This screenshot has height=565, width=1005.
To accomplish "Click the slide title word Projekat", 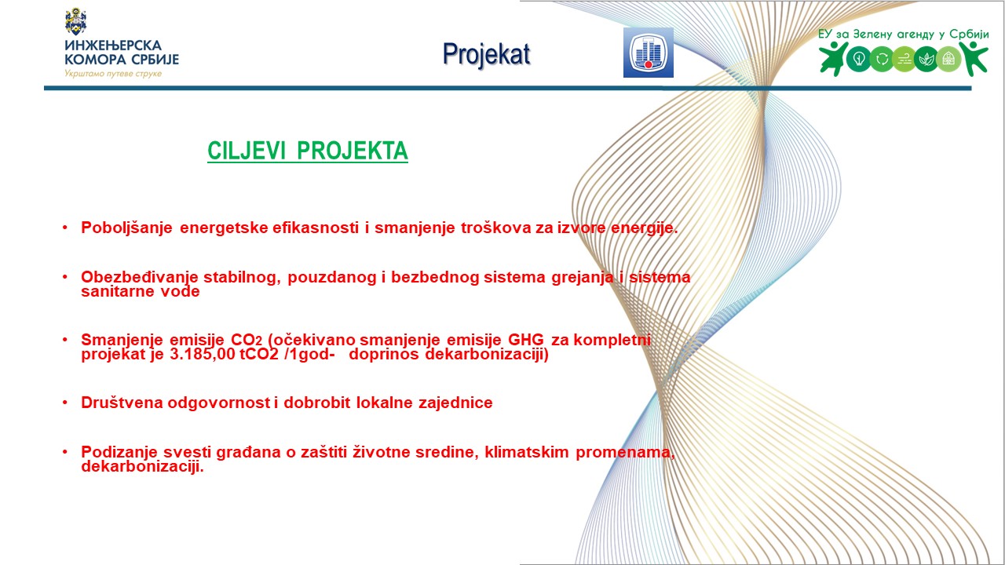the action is (x=486, y=55).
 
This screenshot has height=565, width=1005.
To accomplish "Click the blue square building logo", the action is (x=649, y=53).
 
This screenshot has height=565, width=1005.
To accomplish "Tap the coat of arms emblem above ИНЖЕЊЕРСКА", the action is (x=76, y=21).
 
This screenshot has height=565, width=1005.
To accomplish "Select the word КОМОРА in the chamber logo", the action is (x=95, y=59).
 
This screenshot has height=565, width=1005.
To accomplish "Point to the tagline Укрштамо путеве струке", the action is (x=113, y=74).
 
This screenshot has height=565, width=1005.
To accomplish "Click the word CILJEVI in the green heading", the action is (x=247, y=151).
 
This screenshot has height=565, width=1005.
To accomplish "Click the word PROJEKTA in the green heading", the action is (x=353, y=151).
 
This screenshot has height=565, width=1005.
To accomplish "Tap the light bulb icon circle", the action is (x=859, y=59).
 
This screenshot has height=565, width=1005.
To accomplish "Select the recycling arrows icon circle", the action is (x=882, y=59).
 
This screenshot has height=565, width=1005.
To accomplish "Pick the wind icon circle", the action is (x=904, y=59).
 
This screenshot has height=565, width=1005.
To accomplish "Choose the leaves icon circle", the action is (x=926, y=59).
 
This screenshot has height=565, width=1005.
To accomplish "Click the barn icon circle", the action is (x=948, y=59).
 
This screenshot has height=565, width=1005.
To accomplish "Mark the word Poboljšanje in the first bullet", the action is (x=126, y=228).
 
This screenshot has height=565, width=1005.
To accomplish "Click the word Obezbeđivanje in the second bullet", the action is (x=140, y=277).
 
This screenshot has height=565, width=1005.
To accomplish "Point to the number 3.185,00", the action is (x=203, y=354).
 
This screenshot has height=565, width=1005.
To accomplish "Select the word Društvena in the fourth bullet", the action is (x=121, y=403).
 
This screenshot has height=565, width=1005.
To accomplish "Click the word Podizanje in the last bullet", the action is (x=119, y=452).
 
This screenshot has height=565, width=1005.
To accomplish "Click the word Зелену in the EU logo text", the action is (x=872, y=35).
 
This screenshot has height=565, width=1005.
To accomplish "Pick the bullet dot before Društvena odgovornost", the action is (x=65, y=403).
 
